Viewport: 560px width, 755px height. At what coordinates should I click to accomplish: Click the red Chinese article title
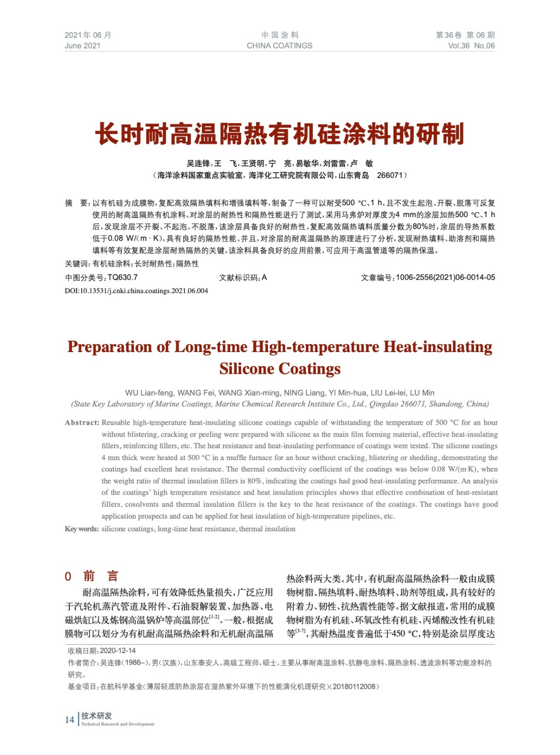click(x=280, y=134)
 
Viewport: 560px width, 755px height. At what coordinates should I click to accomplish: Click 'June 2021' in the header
click(x=83, y=46)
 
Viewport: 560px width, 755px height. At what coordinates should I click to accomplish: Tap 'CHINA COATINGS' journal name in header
click(x=279, y=46)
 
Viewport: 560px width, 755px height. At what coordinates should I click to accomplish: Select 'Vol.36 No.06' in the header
click(x=471, y=46)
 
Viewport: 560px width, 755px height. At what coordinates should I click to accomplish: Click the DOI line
click(x=136, y=291)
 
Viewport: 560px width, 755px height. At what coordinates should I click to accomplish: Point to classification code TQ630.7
click(x=123, y=277)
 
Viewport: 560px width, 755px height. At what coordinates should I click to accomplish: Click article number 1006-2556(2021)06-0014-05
click(x=445, y=277)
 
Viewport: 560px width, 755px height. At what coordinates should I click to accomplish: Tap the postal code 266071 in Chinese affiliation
click(x=389, y=176)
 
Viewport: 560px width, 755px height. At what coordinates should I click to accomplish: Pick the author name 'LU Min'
click(x=422, y=393)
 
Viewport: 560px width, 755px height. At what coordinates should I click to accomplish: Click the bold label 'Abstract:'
click(x=82, y=423)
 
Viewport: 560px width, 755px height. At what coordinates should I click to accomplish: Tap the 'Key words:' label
click(x=82, y=529)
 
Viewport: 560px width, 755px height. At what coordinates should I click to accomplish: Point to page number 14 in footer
click(x=69, y=720)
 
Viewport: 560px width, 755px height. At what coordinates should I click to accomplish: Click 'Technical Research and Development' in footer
click(x=117, y=724)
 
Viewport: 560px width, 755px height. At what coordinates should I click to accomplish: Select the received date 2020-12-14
click(x=118, y=651)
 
